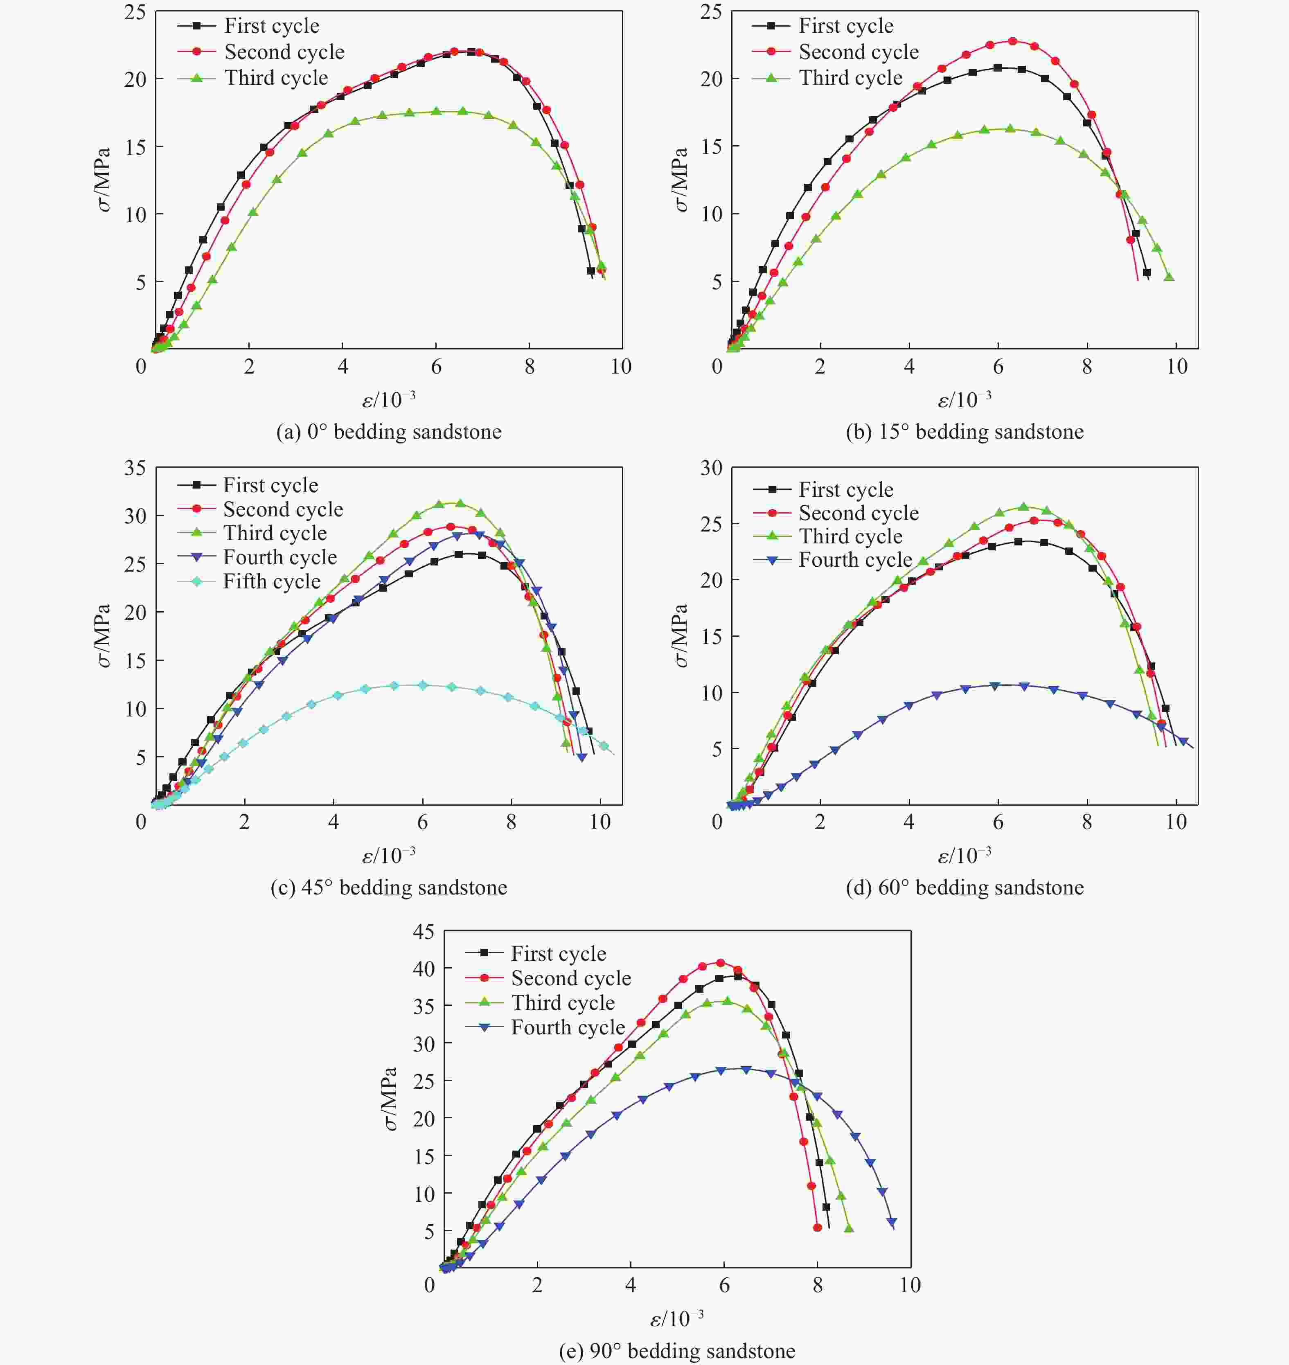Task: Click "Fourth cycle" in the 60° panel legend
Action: coord(855,560)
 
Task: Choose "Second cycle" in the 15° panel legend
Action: coord(858,52)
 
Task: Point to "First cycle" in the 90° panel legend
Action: coord(558,953)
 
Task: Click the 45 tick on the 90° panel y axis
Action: coord(423,932)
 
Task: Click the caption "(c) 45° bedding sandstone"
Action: coord(388,887)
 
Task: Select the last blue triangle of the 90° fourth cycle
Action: coord(892,1222)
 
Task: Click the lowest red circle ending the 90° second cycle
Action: coord(817,1228)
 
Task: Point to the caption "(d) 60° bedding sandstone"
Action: coord(964,887)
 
